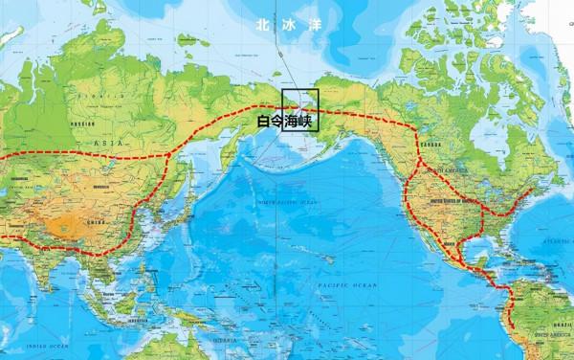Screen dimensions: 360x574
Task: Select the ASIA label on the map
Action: coord(99,140)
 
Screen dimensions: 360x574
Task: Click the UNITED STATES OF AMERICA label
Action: coord(449,202)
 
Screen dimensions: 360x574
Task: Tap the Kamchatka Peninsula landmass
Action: coord(228,153)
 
